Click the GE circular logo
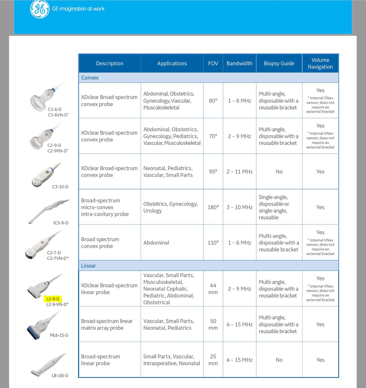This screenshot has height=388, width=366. coord(40,9)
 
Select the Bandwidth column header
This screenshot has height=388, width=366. coord(239,63)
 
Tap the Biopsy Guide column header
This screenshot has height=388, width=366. coord(279,63)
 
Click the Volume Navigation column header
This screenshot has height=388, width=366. coord(320,63)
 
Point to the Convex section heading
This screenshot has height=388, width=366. coord(90,78)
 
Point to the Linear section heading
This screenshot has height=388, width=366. coord(88,266)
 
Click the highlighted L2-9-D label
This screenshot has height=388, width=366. coord(53,299)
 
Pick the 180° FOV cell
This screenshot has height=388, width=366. coord(213,207)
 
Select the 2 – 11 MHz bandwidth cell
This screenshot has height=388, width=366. coord(239,172)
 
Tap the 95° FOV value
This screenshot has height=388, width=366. coord(213,172)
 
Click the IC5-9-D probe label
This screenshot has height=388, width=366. coord(61,223)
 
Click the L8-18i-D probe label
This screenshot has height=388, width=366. coord(60,375)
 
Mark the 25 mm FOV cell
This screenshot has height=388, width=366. coord(213,360)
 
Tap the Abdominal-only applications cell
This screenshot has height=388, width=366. coord(156,243)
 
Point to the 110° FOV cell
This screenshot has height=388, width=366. coord(213,243)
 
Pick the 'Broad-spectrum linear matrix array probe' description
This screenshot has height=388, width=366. coord(107,325)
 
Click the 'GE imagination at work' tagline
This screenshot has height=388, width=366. coord(78,9)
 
